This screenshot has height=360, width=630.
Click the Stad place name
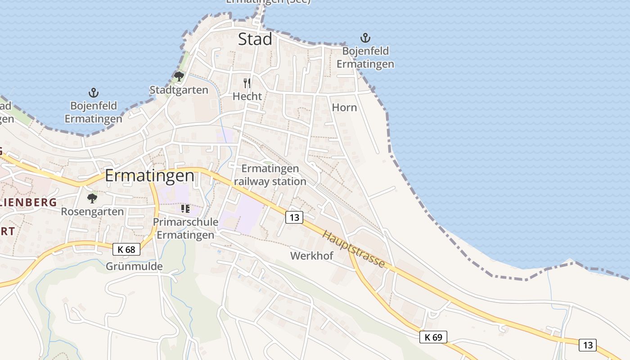pyautogui.click(x=255, y=39)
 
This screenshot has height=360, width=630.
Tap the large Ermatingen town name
pyautogui.click(x=150, y=175)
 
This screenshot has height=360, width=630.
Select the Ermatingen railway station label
pyautogui.click(x=270, y=175)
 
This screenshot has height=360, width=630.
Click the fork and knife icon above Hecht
pyautogui.click(x=247, y=83)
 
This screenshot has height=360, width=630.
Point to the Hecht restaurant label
pyautogui.click(x=247, y=96)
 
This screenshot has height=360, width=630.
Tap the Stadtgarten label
pyautogui.click(x=179, y=90)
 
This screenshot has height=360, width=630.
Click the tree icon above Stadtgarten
pyautogui.click(x=179, y=76)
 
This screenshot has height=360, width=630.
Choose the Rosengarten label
pyautogui.click(x=92, y=211)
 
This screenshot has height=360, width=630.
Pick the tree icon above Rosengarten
pyautogui.click(x=92, y=198)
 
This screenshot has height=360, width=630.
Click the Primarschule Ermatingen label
pyautogui.click(x=185, y=229)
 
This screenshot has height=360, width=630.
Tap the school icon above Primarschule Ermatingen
pyautogui.click(x=185, y=209)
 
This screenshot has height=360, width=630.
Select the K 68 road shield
pyautogui.click(x=126, y=249)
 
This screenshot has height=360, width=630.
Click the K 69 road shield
pyautogui.click(x=433, y=337)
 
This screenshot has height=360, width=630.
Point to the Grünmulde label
pyautogui.click(x=134, y=266)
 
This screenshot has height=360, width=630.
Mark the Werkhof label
pyautogui.click(x=312, y=256)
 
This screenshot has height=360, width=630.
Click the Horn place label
pyautogui.click(x=344, y=108)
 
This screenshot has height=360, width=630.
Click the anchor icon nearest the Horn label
pyautogui.click(x=365, y=38)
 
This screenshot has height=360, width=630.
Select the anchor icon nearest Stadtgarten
pyautogui.click(x=94, y=93)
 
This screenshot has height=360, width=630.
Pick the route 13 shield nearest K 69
pyautogui.click(x=588, y=345)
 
